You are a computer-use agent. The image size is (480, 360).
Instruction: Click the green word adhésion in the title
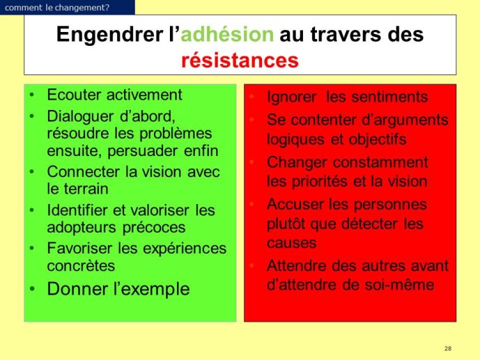(227, 34)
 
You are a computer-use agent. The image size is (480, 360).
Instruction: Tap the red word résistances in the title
(240, 61)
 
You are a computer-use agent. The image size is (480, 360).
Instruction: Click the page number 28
(448, 348)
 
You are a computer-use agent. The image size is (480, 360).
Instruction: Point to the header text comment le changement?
(57, 8)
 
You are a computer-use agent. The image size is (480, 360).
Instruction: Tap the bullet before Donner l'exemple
(32, 289)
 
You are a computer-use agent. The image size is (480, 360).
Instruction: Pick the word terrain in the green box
(86, 189)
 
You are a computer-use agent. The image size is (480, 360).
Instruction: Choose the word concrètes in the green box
(81, 265)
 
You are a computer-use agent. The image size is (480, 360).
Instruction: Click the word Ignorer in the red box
(291, 97)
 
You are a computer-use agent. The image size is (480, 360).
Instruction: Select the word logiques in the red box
(295, 140)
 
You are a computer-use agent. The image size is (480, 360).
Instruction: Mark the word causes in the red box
(291, 244)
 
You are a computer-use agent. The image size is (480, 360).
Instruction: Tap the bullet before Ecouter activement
(32, 95)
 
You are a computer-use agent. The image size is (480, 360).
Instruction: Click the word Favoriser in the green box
(79, 248)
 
